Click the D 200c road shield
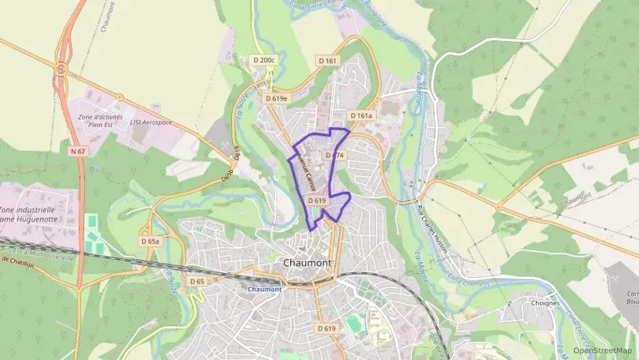click(264, 60)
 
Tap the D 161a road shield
click(361, 115)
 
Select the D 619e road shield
click(277, 98)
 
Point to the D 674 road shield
click(335, 156)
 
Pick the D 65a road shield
click(150, 241)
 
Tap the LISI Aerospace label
click(151, 122)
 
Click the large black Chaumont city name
click(307, 262)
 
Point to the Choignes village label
click(545, 303)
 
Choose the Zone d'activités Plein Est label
click(100, 122)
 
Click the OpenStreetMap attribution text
click(602, 350)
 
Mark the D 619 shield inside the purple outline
click(317, 201)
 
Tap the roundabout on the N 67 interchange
click(61, 69)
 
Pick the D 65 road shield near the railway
click(197, 281)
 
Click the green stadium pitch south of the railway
click(354, 323)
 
